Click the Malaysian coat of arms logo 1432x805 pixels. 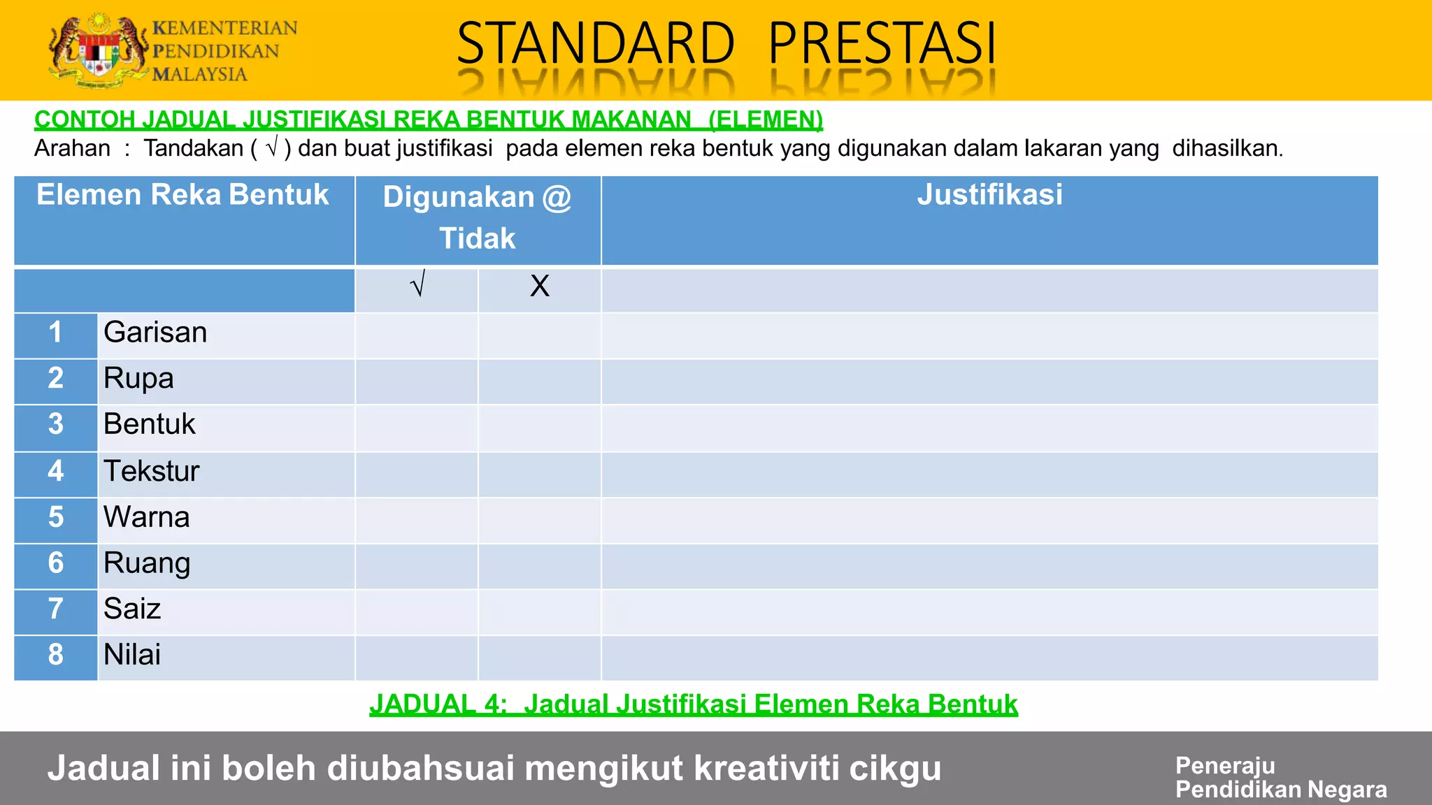(x=98, y=50)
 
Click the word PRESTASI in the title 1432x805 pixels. (x=882, y=43)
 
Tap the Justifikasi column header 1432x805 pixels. (x=989, y=195)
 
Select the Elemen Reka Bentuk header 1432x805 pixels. (x=182, y=195)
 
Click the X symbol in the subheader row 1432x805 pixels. (x=539, y=287)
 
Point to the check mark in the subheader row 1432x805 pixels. (x=417, y=285)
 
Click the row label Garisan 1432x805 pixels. (x=155, y=333)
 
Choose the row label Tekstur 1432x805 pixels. (x=151, y=471)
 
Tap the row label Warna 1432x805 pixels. (x=147, y=517)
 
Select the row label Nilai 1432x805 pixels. (x=132, y=655)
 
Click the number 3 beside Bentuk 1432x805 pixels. (x=56, y=424)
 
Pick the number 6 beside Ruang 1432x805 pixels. (x=56, y=563)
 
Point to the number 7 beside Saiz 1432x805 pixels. (x=56, y=609)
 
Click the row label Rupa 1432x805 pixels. (x=138, y=379)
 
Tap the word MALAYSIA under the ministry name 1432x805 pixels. (x=200, y=74)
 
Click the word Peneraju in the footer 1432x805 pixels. (x=1225, y=766)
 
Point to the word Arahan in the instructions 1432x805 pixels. (x=72, y=149)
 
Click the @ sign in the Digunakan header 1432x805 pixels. (x=557, y=198)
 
